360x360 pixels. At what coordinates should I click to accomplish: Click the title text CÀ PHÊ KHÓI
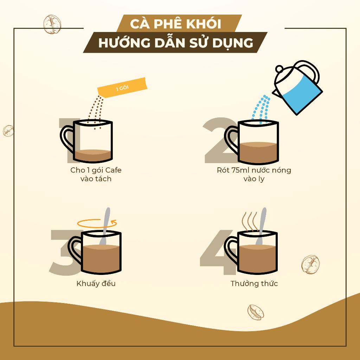[x=176, y=24]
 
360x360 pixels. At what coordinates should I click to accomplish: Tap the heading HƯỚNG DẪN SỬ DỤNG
[x=176, y=43]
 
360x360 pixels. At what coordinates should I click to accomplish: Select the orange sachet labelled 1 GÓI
[x=122, y=88]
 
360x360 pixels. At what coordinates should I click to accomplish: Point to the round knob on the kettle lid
[x=279, y=69]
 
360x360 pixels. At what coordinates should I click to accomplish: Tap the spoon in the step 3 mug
[x=105, y=226]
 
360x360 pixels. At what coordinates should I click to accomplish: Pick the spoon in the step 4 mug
[x=261, y=226]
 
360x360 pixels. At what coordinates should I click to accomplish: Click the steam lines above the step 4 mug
[x=250, y=221]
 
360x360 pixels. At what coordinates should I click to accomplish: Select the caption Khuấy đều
[x=96, y=284]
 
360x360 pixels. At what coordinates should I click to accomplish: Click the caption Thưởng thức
[x=254, y=284]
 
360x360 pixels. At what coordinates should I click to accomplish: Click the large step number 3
[x=62, y=252]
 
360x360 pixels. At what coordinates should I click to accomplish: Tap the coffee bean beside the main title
[x=52, y=24]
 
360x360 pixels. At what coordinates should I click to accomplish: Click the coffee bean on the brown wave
[x=256, y=312]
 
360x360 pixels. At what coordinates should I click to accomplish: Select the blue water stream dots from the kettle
[x=261, y=109]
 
